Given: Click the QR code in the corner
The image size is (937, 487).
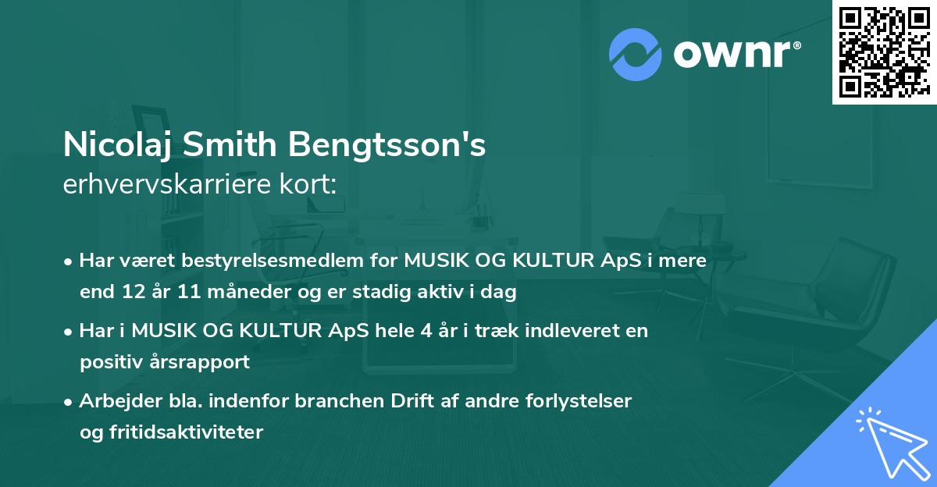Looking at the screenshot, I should pyautogui.click(x=884, y=52).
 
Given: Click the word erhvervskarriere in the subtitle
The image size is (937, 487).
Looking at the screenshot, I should pyautogui.click(x=167, y=185).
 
